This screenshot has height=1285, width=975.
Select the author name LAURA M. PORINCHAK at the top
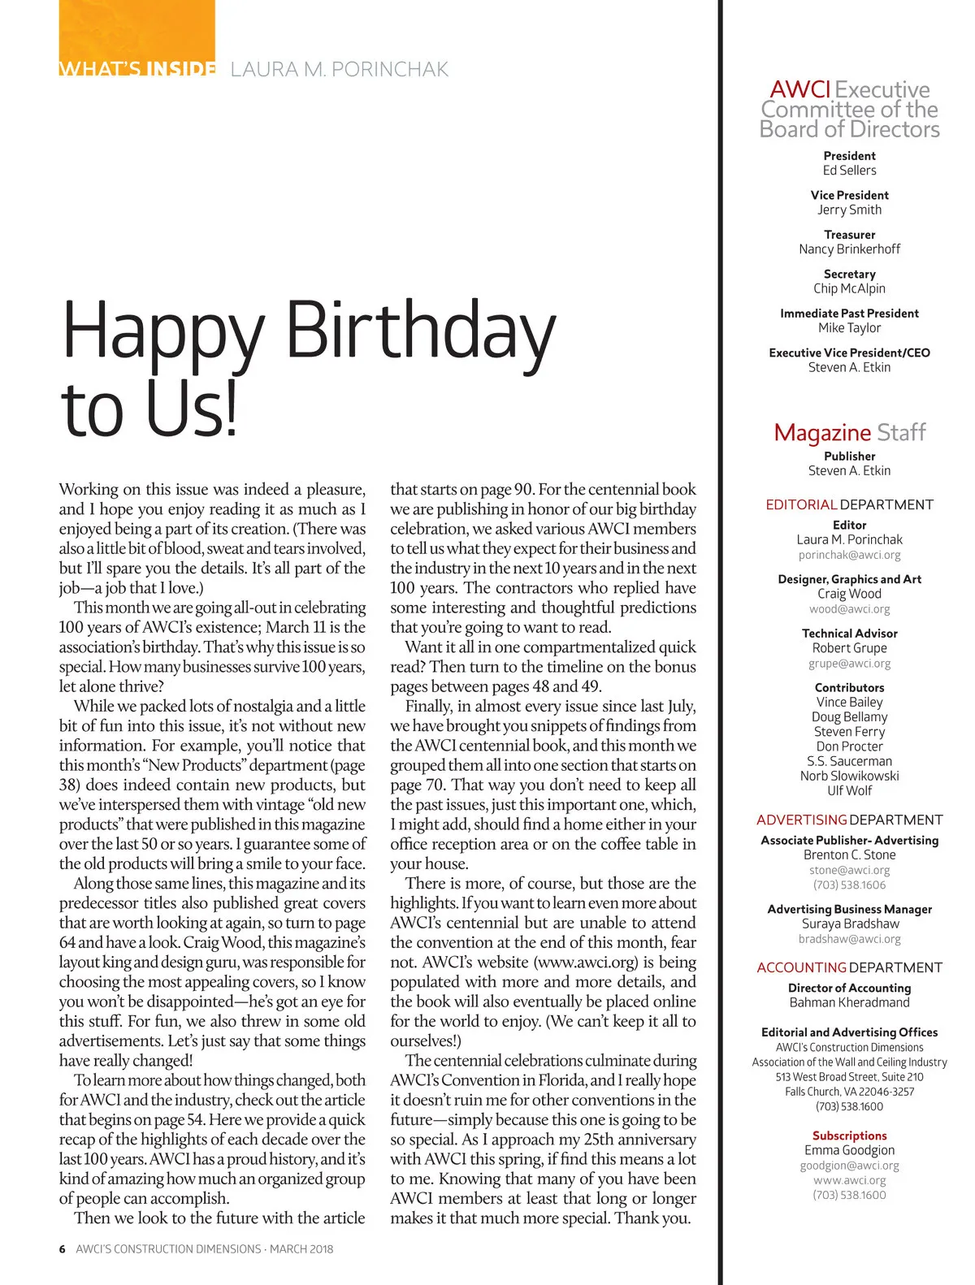[x=340, y=70]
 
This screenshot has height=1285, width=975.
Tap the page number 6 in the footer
[x=62, y=1248]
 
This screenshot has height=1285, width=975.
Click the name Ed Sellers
[x=849, y=171]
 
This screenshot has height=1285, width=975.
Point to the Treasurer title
[x=849, y=235]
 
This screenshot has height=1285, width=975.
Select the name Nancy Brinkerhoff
[x=849, y=249]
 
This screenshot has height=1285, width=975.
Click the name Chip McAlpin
[x=849, y=288]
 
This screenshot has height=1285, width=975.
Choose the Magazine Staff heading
[x=849, y=432]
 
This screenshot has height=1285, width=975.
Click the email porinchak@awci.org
[x=849, y=555]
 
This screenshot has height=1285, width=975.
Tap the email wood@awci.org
[x=849, y=608]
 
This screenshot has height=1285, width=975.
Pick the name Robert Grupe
[x=849, y=648]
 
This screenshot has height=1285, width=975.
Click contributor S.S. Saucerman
[x=849, y=761]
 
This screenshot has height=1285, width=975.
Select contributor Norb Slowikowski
[x=849, y=776]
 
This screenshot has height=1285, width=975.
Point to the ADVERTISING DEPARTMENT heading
[x=849, y=820]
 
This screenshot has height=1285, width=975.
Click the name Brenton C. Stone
[x=849, y=855]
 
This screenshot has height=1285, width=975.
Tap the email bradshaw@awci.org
[x=849, y=939]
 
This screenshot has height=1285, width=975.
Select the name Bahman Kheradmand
[x=849, y=1002]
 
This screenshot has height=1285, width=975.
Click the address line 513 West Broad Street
[x=849, y=1077]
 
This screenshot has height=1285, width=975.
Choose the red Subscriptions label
[x=849, y=1136]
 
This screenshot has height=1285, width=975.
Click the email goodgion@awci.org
[x=849, y=1166]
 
